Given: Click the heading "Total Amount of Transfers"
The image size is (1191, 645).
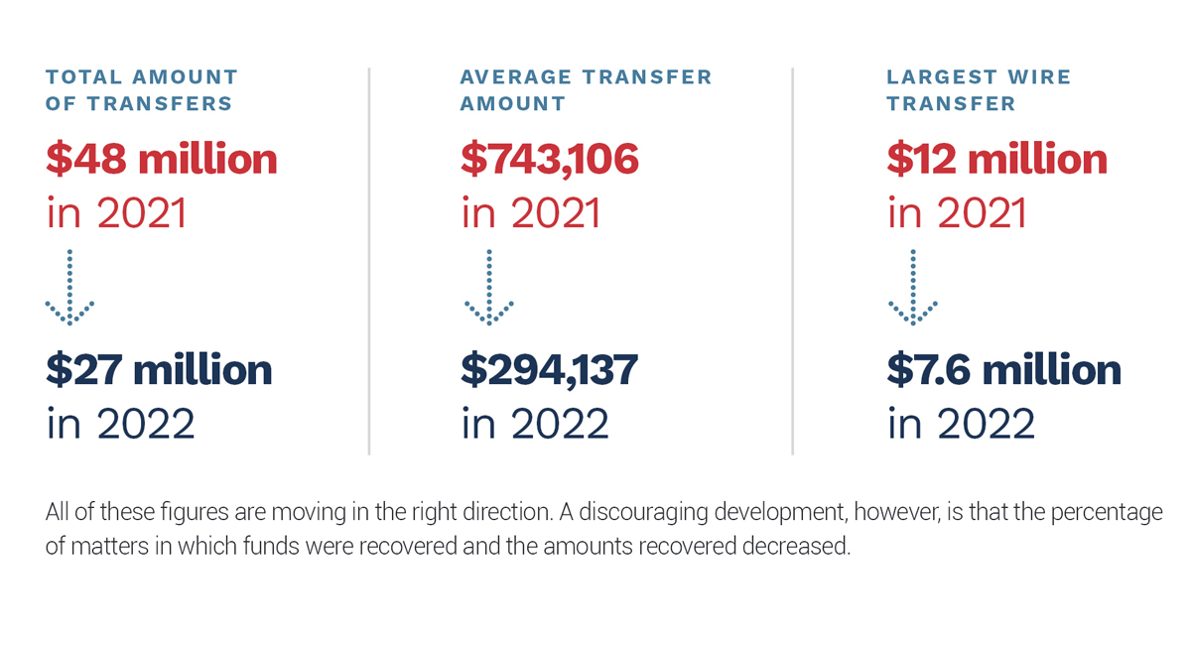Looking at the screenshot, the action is point(141,90).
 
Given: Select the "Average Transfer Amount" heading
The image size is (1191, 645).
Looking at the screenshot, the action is point(586,90).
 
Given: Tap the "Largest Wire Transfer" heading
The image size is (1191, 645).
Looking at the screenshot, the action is point(979,90).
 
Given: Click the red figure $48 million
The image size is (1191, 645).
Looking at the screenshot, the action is point(162,159).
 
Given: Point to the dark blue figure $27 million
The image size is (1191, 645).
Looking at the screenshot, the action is point(159,369).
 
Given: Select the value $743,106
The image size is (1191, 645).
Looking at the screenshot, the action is point(549,159).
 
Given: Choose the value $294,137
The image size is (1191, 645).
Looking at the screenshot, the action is point(549,370).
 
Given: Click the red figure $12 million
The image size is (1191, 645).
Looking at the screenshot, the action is point(996,159).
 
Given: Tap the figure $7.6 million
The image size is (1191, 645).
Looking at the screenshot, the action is point(1003,369).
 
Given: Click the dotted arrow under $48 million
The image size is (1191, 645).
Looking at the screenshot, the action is point(69,287).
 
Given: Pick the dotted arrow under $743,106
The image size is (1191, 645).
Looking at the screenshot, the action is point(489,287).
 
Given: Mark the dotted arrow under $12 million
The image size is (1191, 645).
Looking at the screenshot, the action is point(913,287).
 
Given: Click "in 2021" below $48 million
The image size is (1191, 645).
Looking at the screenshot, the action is point(116,212).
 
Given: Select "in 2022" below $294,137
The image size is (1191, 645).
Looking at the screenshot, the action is point(535,424).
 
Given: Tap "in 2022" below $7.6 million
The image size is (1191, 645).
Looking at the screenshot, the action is point(962,424).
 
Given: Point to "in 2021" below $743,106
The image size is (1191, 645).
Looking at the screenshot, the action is point(531,212).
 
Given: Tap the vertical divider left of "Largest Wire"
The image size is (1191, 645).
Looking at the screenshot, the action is point(792,261).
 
